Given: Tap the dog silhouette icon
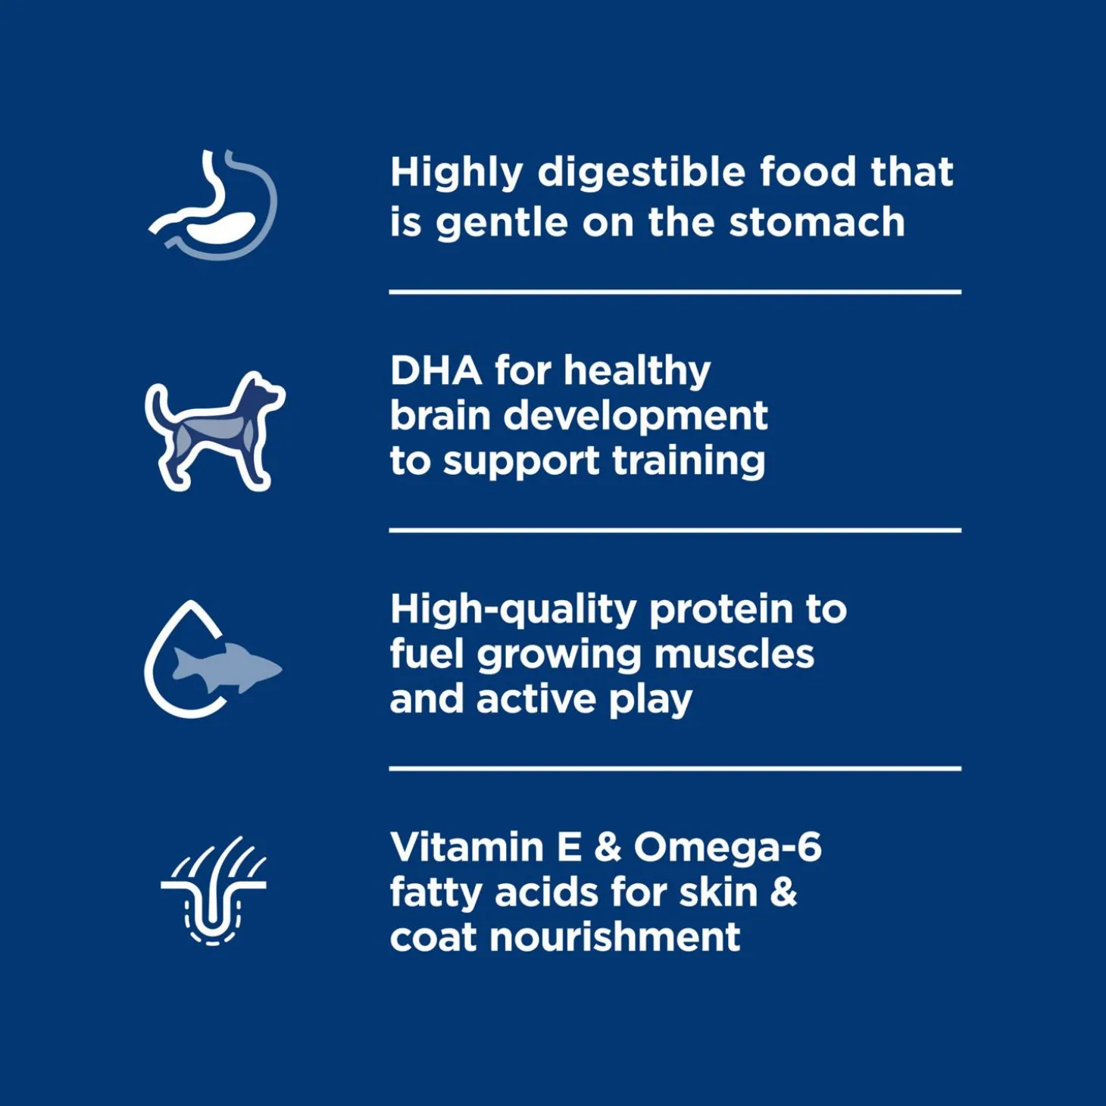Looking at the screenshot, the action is tap(214, 431).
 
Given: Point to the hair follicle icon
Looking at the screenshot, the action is tap(213, 890).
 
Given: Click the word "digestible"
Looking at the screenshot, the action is tap(641, 173).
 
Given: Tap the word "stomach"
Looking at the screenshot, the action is tap(817, 222).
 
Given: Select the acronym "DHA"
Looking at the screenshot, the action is tap(436, 370).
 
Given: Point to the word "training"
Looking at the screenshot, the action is tap(689, 461).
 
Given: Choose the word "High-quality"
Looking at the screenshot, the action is tap(514, 610).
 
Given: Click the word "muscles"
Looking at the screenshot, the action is tap(734, 655).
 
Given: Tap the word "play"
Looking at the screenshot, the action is tap(650, 700).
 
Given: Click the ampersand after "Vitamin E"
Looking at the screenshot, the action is tap(608, 847).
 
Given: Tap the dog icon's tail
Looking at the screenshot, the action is tap(156, 411).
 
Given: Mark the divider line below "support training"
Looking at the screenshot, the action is tap(675, 530).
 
